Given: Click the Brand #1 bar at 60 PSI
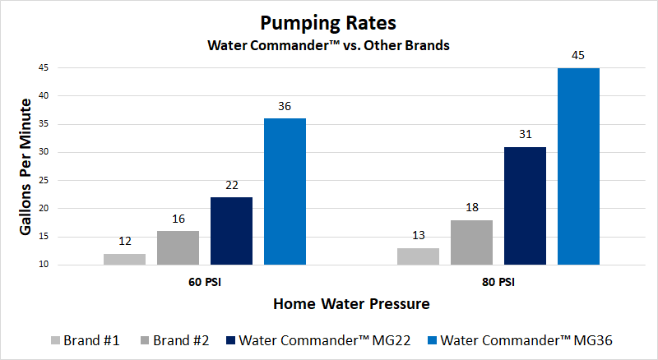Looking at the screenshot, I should pos(124,259).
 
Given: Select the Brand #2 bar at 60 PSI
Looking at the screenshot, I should pos(178,247).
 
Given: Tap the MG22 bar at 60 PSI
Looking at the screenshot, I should pos(231,231).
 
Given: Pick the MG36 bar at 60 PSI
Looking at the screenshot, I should pos(285,192).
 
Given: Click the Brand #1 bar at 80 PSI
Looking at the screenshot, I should pos(418,256).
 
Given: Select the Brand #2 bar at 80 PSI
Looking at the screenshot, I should pos(471,242).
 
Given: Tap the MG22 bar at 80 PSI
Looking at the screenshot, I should pos(525,205).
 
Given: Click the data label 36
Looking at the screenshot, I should pos(285,106).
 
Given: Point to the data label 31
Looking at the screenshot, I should pos(525,135).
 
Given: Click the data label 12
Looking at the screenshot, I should pos(124,242).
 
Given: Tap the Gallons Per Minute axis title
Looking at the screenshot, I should pos(25,167).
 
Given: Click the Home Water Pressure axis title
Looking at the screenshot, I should pos(351,304).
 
